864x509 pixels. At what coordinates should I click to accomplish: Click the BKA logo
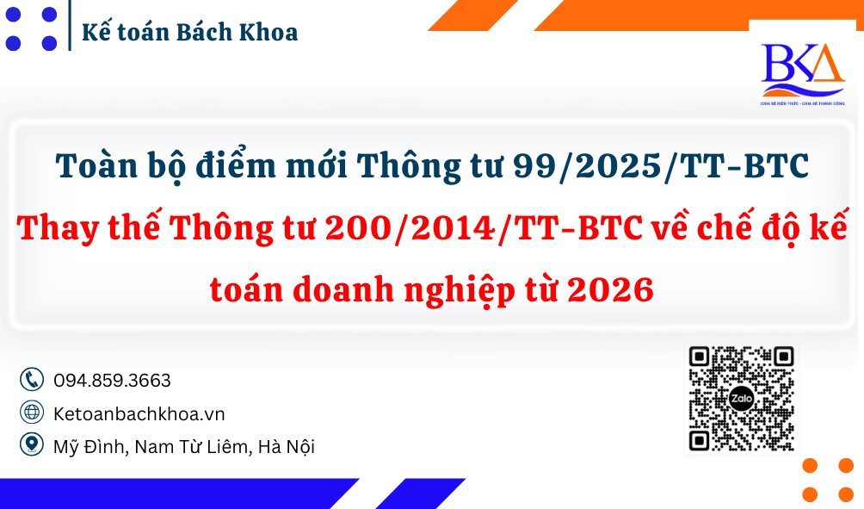point(802,72)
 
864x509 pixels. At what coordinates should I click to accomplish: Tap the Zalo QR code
point(741,399)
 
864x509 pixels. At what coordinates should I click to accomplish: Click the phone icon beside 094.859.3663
point(32,380)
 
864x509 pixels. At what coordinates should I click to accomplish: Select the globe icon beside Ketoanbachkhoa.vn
point(32,413)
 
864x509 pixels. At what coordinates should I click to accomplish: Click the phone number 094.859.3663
point(112,380)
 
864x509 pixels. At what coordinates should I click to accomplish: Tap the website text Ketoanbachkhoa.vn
point(139,413)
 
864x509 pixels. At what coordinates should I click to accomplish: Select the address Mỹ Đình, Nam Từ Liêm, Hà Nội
point(183,446)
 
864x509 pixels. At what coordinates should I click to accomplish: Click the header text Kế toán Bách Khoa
point(189,33)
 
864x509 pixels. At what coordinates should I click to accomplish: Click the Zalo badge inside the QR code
point(741,399)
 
